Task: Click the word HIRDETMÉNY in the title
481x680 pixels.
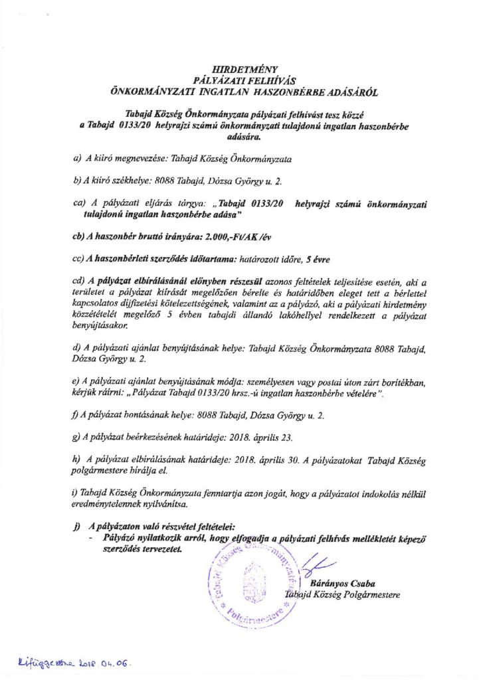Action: [x=241, y=68]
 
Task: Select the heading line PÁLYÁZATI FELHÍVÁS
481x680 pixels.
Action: [x=241, y=78]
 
